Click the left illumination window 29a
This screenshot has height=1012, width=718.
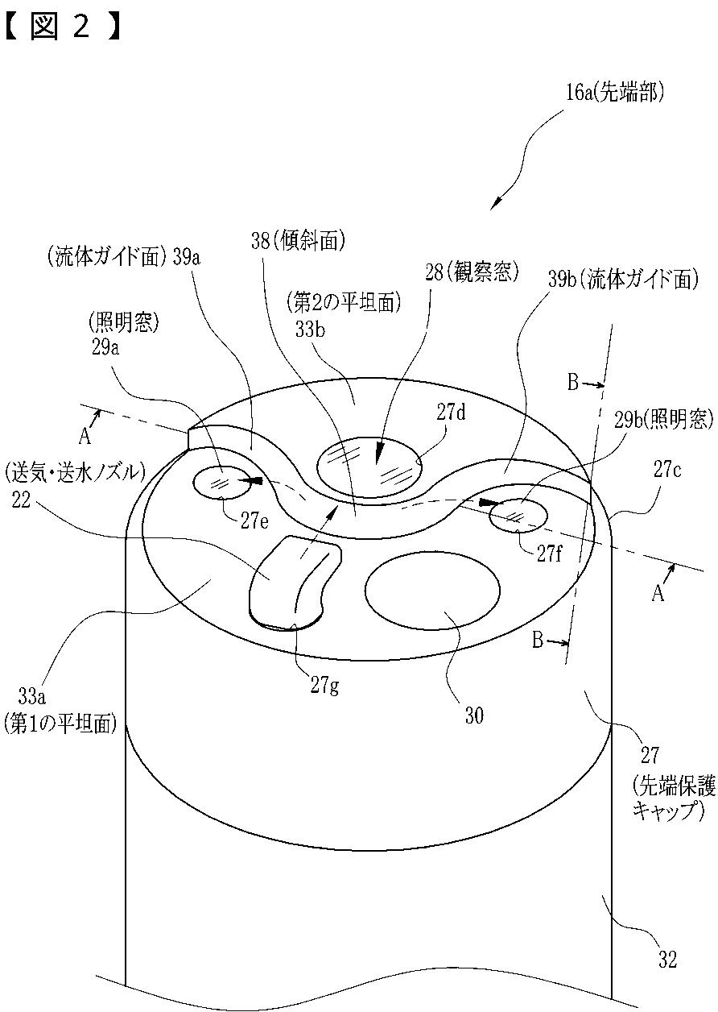pos(220,483)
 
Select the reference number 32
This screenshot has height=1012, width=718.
pos(667,960)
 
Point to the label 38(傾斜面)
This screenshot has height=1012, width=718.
pos(297,239)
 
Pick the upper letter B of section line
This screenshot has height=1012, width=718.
pos(573,382)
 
